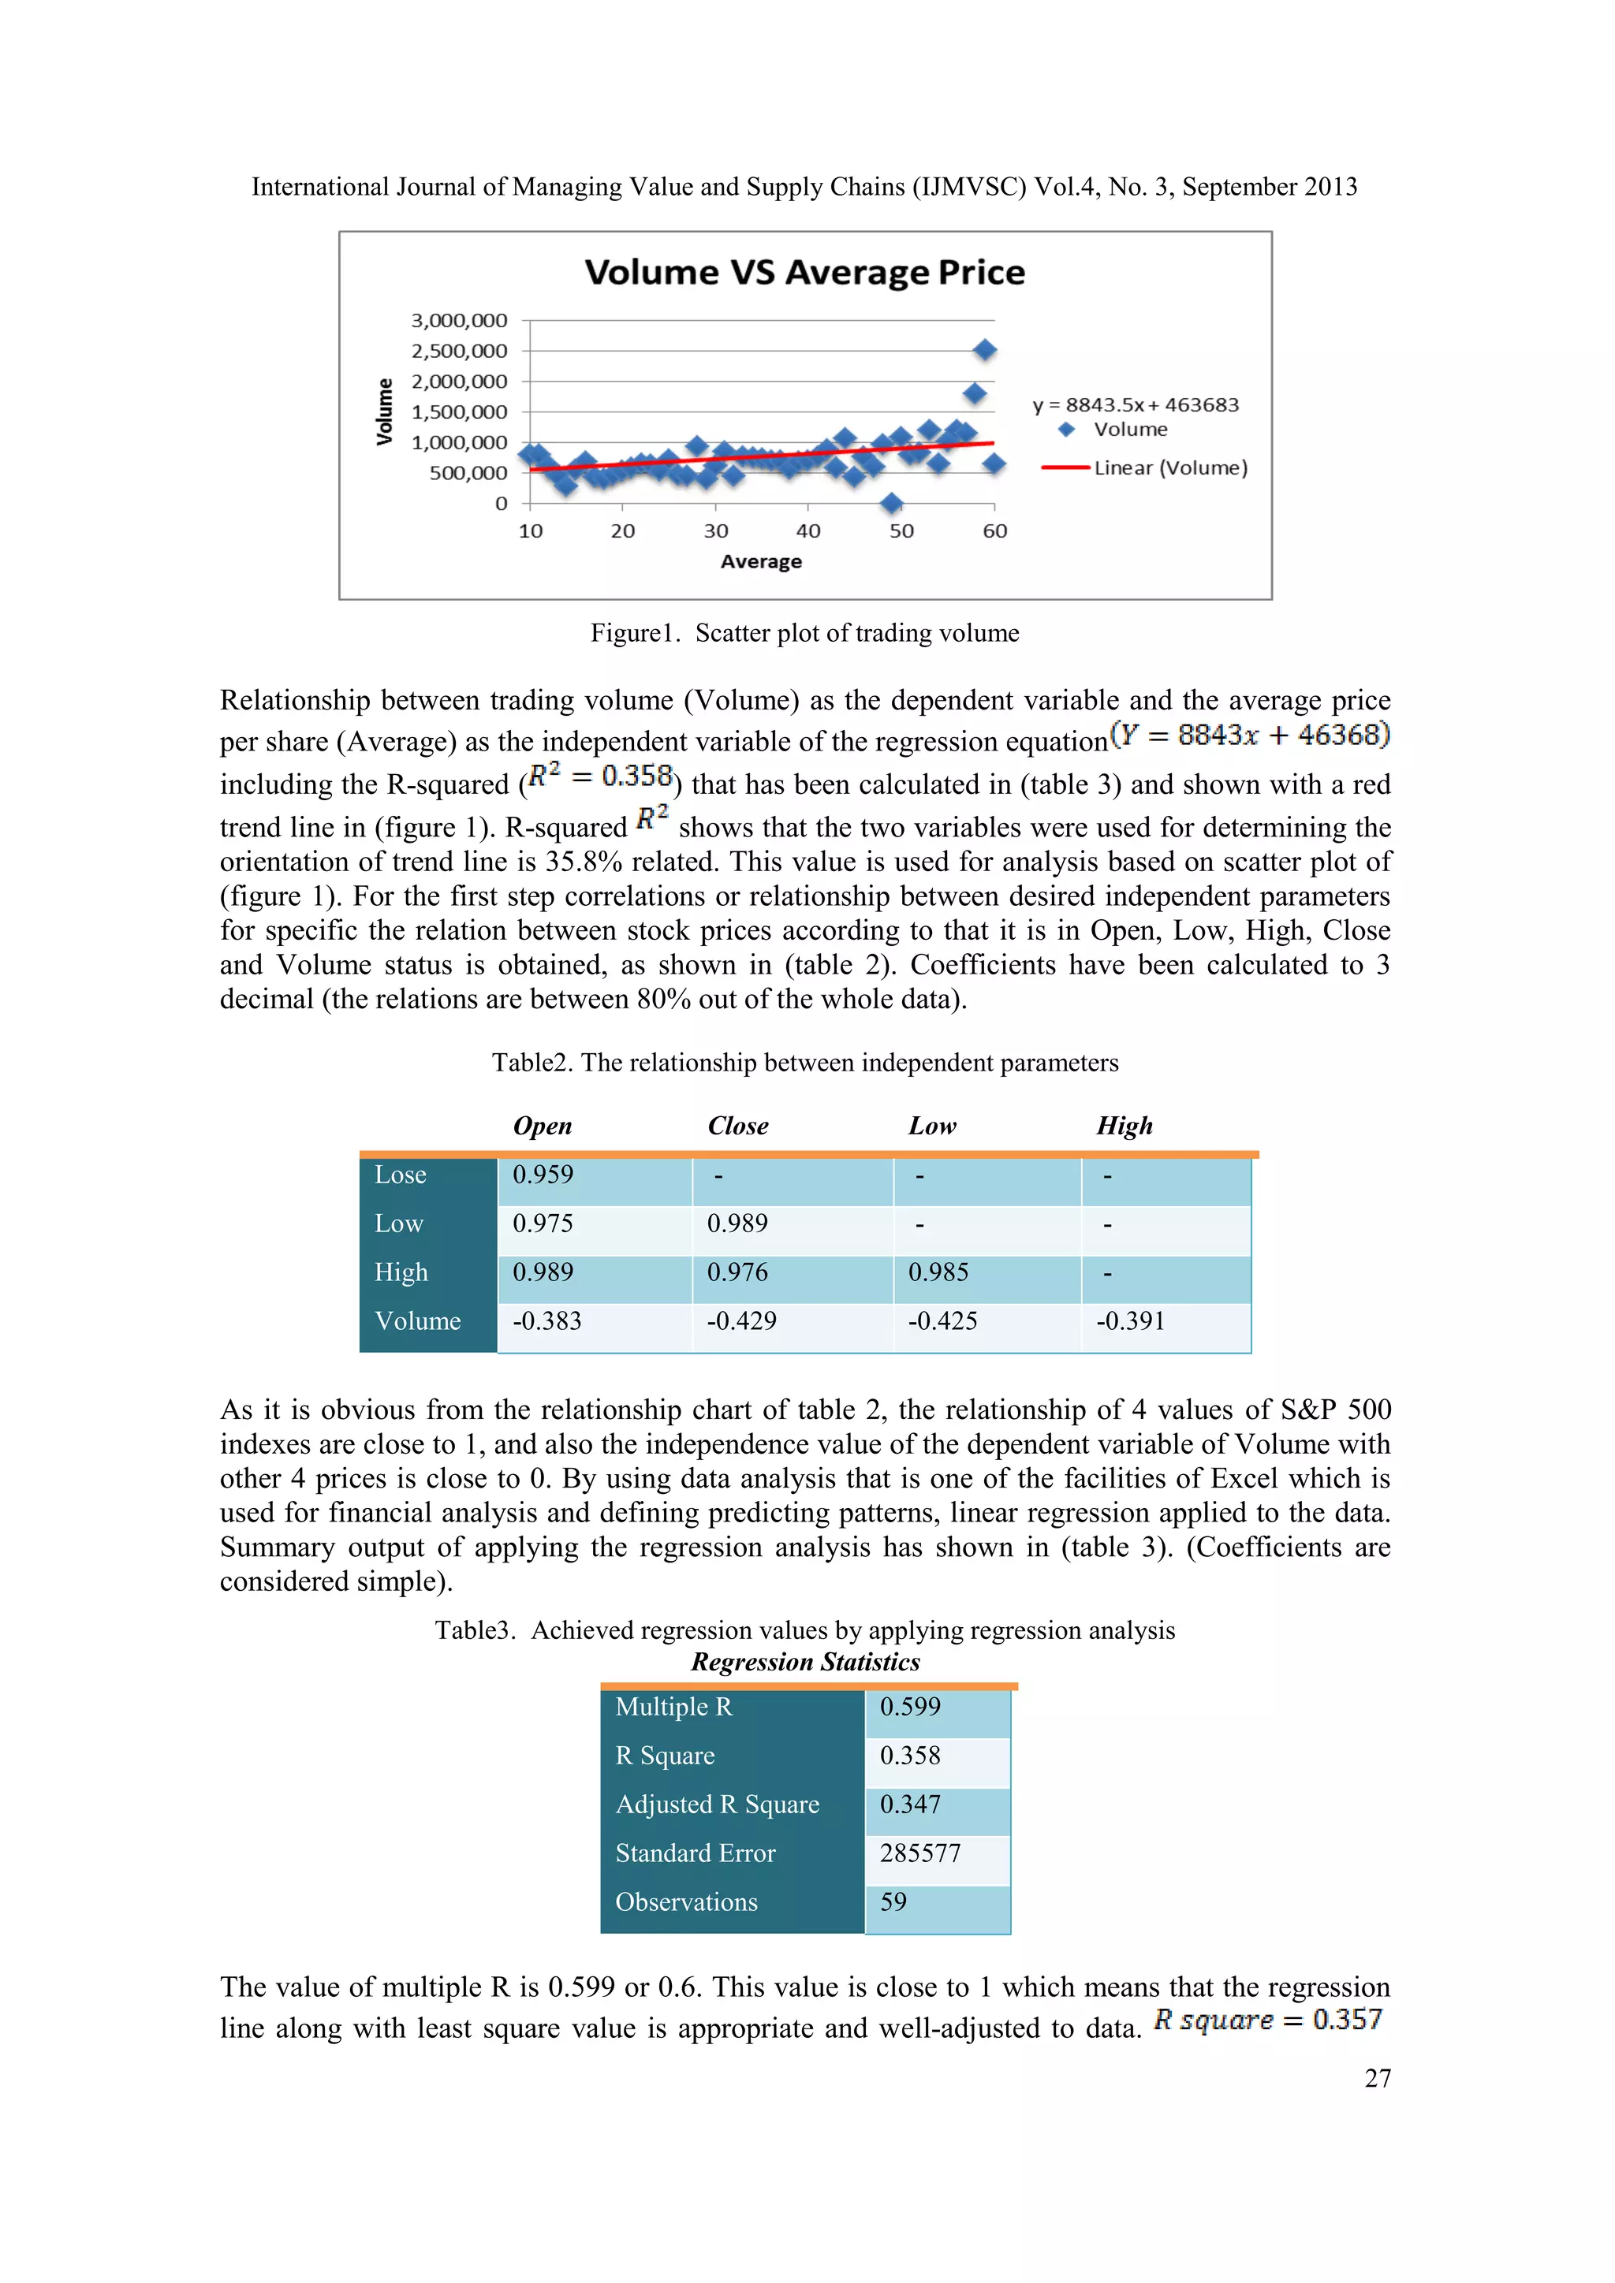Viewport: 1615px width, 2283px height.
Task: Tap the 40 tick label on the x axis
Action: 807,531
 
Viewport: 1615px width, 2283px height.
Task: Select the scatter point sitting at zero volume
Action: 891,503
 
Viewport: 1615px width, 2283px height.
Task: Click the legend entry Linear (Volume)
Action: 1169,467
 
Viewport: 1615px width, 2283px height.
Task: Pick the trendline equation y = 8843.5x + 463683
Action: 1135,404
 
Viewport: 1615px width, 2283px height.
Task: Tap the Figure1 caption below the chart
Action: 804,633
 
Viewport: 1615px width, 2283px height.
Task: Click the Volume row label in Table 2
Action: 418,1320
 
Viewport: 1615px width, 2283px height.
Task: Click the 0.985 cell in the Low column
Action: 938,1272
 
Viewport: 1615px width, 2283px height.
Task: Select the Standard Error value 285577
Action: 920,1853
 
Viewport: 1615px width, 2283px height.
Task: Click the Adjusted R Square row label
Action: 717,1804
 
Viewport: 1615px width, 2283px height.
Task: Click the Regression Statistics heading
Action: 804,1662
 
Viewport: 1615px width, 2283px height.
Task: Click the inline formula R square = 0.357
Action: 1267,2020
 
